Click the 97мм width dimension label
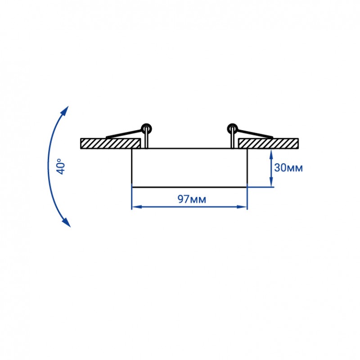[192, 199]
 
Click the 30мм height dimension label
[288, 168]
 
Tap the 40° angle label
[61, 166]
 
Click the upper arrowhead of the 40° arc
[65, 111]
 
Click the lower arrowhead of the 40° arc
[66, 222]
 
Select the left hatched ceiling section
[110, 144]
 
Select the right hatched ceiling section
[268, 144]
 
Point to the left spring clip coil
[147, 128]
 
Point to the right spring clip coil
[232, 128]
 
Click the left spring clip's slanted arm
[124, 134]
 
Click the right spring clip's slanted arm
[255, 134]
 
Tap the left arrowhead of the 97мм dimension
[137, 207]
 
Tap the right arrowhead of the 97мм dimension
[242, 207]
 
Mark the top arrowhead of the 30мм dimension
[271, 154]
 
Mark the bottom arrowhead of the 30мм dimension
[271, 182]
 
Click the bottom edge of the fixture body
[189, 187]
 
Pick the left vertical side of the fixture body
[131, 166]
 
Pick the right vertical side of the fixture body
[247, 166]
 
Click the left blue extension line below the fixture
[131, 197]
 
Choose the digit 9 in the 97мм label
[181, 199]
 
